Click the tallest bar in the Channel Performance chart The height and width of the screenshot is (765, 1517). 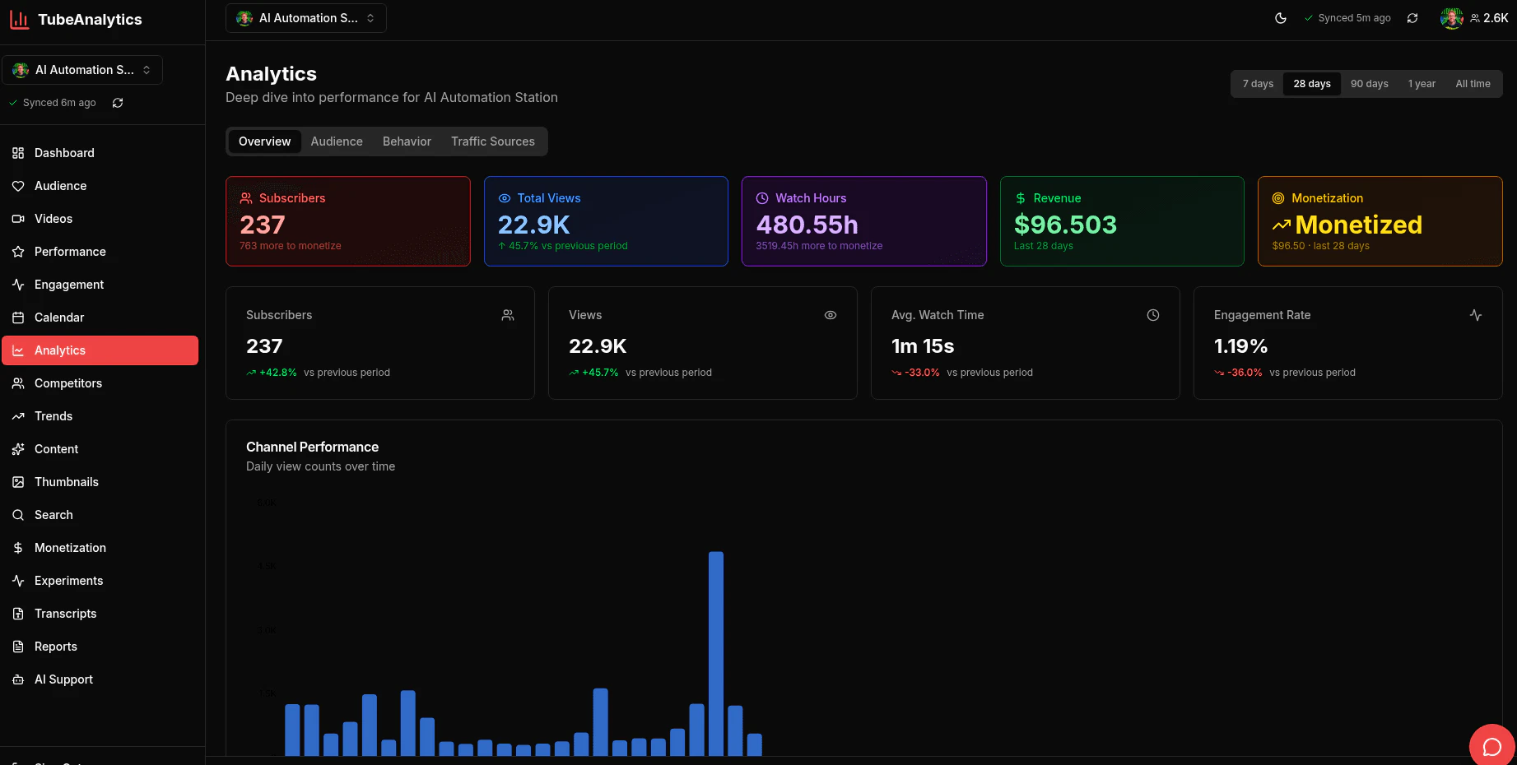tap(715, 653)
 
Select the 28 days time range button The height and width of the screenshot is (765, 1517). tap(1311, 84)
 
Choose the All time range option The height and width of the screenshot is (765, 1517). tap(1472, 84)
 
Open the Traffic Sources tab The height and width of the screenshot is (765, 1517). tap(492, 141)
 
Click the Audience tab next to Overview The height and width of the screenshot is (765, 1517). tap(336, 141)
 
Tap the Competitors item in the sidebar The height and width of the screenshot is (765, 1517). tap(68, 383)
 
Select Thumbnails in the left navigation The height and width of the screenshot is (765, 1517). tap(67, 482)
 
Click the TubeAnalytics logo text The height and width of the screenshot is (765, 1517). tap(90, 20)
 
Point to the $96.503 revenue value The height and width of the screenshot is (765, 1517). tap(1064, 225)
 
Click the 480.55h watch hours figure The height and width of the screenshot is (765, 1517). tap(807, 225)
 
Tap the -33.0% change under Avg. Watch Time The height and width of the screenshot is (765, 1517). tap(922, 373)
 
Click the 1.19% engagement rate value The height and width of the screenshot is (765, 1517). tap(1240, 346)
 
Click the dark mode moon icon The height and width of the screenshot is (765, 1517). tap(1280, 18)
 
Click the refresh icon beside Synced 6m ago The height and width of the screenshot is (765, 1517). tap(118, 103)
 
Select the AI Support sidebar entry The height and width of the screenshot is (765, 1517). tap(63, 679)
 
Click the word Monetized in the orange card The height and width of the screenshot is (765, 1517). tap(1358, 225)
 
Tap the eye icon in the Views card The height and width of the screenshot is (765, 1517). tap(830, 315)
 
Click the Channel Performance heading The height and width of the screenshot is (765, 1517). tap(312, 447)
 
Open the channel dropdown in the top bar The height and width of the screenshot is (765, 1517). tap(306, 18)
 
